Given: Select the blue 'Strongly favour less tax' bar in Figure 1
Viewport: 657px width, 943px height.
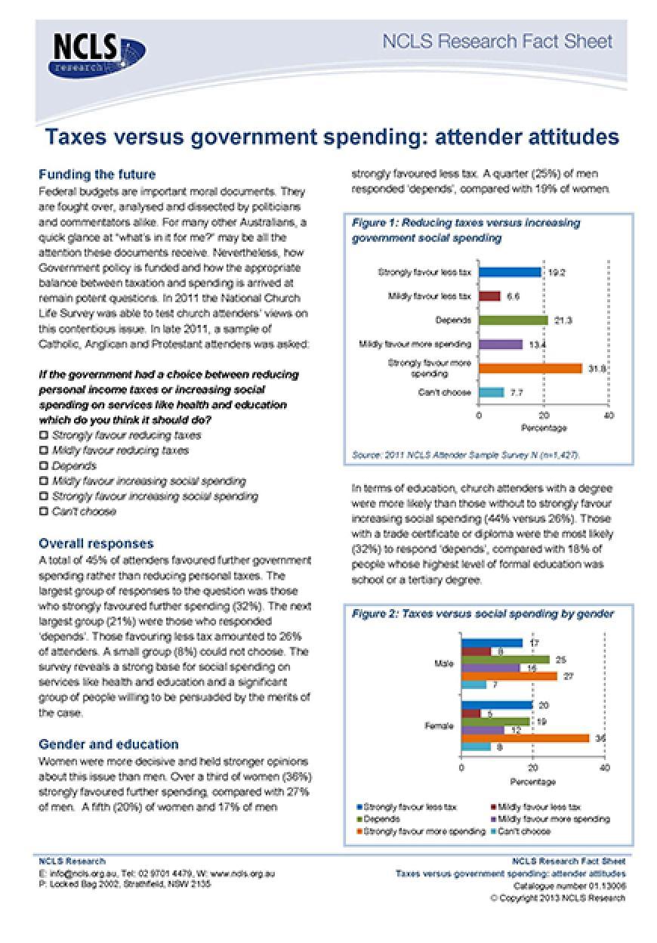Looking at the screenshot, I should tap(510, 272).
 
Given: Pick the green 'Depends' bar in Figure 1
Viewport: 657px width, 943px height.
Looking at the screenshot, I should tap(514, 320).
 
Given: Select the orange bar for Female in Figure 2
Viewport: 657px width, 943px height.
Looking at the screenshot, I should tap(526, 737).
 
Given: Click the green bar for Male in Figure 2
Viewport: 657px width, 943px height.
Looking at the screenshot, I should tap(505, 660).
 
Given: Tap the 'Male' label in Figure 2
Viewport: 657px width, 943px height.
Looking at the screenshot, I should tap(444, 664).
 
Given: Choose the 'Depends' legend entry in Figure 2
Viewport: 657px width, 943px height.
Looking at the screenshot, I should tap(381, 818).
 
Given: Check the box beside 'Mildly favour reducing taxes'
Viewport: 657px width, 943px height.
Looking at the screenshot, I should tap(44, 450).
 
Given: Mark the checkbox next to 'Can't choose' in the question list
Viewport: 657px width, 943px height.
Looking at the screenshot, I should tap(44, 512).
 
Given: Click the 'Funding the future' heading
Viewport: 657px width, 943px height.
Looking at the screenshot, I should tap(97, 175).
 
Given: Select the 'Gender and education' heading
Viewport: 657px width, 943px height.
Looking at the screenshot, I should tap(109, 744).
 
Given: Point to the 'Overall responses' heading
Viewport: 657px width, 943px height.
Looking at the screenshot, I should tap(96, 543).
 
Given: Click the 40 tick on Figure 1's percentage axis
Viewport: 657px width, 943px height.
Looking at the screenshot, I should tap(609, 416).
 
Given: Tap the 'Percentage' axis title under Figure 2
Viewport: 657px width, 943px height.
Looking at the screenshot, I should tap(532, 781).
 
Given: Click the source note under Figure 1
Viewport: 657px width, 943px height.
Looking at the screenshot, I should tap(466, 455).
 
